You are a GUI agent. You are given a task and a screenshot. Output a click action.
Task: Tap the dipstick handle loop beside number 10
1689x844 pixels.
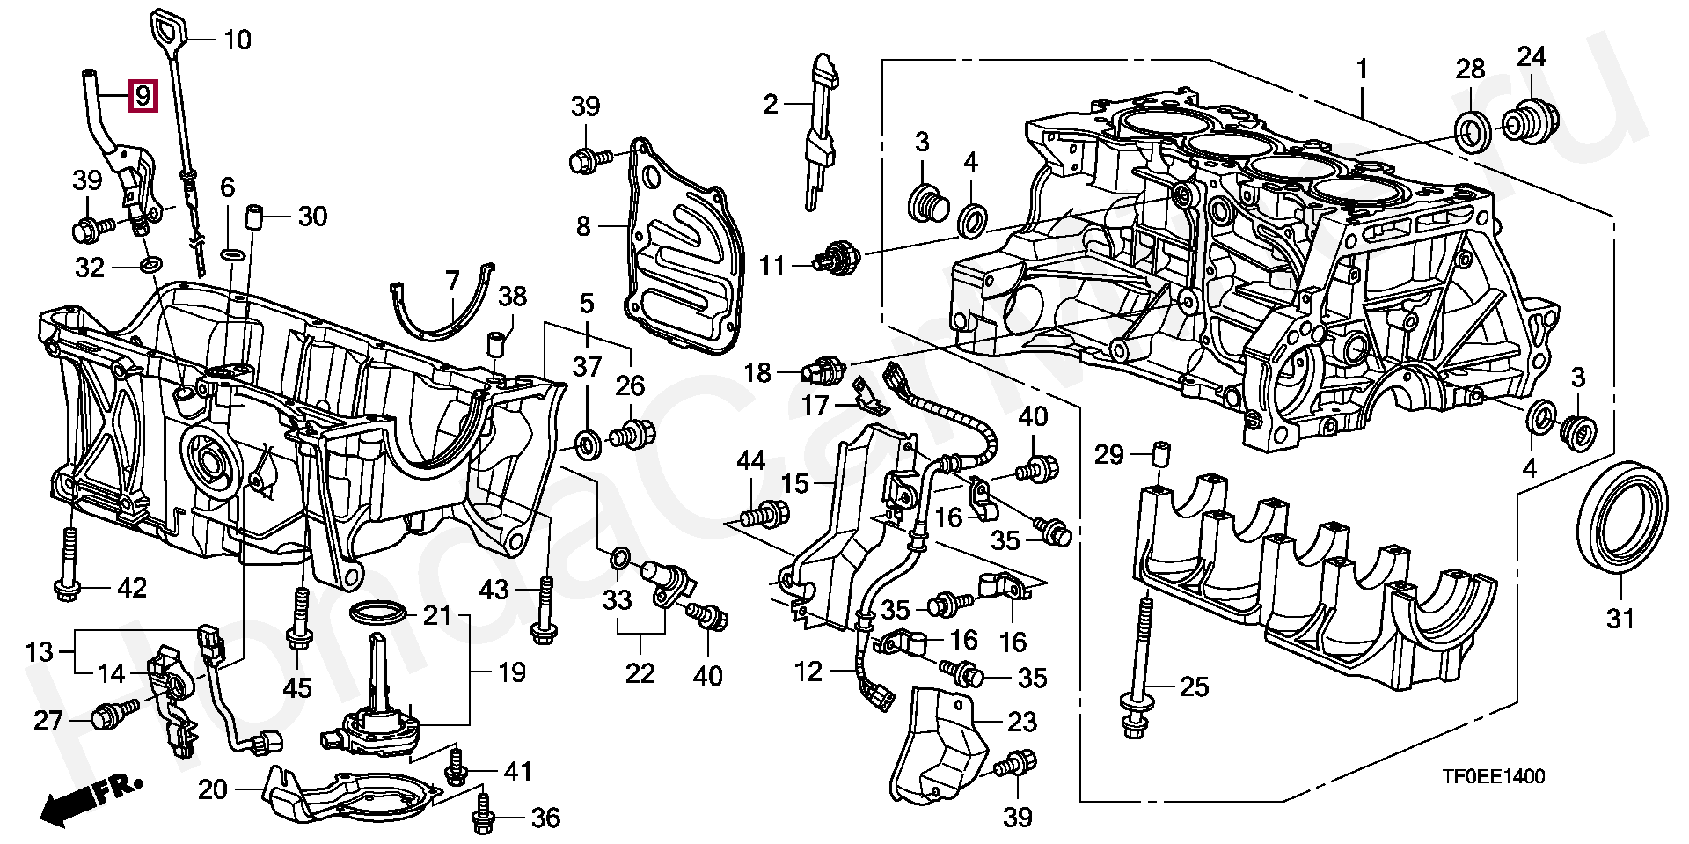pos(166,30)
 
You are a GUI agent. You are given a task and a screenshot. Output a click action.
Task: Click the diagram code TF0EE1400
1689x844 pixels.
pos(1492,776)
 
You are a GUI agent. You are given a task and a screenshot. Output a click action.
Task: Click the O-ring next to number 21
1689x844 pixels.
pos(379,613)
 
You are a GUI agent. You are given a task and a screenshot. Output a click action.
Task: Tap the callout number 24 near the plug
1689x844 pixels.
pos(1531,57)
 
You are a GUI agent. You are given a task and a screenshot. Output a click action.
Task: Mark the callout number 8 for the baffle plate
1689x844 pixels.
pos(584,227)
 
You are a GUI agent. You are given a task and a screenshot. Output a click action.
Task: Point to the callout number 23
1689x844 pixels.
pos(1021,722)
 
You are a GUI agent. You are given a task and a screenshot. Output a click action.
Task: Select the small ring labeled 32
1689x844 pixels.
pos(150,264)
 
